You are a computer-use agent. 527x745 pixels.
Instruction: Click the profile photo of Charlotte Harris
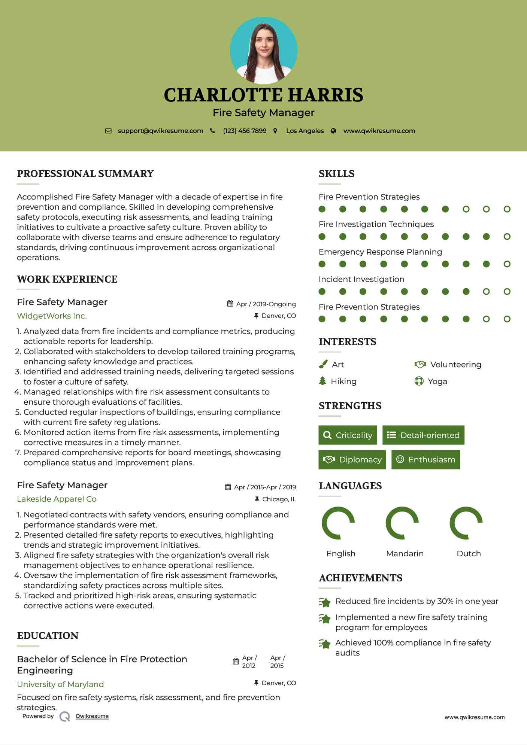[x=263, y=50]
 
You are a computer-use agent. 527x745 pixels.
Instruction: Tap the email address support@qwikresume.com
[x=160, y=131]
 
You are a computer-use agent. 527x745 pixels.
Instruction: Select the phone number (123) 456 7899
[x=245, y=131]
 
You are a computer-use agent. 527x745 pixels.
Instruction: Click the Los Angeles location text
[x=305, y=131]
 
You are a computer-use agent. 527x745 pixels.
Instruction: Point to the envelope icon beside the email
[x=108, y=131]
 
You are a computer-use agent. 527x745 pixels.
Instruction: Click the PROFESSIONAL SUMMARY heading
[x=85, y=174]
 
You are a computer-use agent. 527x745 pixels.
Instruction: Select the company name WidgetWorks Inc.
[x=52, y=316]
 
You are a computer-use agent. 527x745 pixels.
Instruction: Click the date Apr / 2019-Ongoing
[x=266, y=304]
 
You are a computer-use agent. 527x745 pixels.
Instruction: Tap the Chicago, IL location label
[x=279, y=499]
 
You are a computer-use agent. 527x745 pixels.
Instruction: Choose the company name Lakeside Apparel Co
[x=57, y=499]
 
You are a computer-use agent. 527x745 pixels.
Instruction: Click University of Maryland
[x=60, y=684]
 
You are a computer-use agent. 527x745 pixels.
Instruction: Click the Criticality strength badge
[x=348, y=435]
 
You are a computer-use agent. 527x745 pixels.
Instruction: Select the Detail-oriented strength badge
[x=423, y=435]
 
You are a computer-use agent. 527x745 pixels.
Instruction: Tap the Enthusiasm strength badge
[x=425, y=459]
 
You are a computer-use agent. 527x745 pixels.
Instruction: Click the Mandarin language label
[x=405, y=554]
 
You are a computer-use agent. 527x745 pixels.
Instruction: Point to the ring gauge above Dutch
[x=466, y=523]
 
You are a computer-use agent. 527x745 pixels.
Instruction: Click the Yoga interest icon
[x=419, y=381]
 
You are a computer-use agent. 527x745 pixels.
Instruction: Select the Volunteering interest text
[x=455, y=365]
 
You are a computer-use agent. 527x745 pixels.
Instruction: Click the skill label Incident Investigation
[x=361, y=279]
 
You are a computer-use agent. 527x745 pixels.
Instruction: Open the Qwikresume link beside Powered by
[x=92, y=716]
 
